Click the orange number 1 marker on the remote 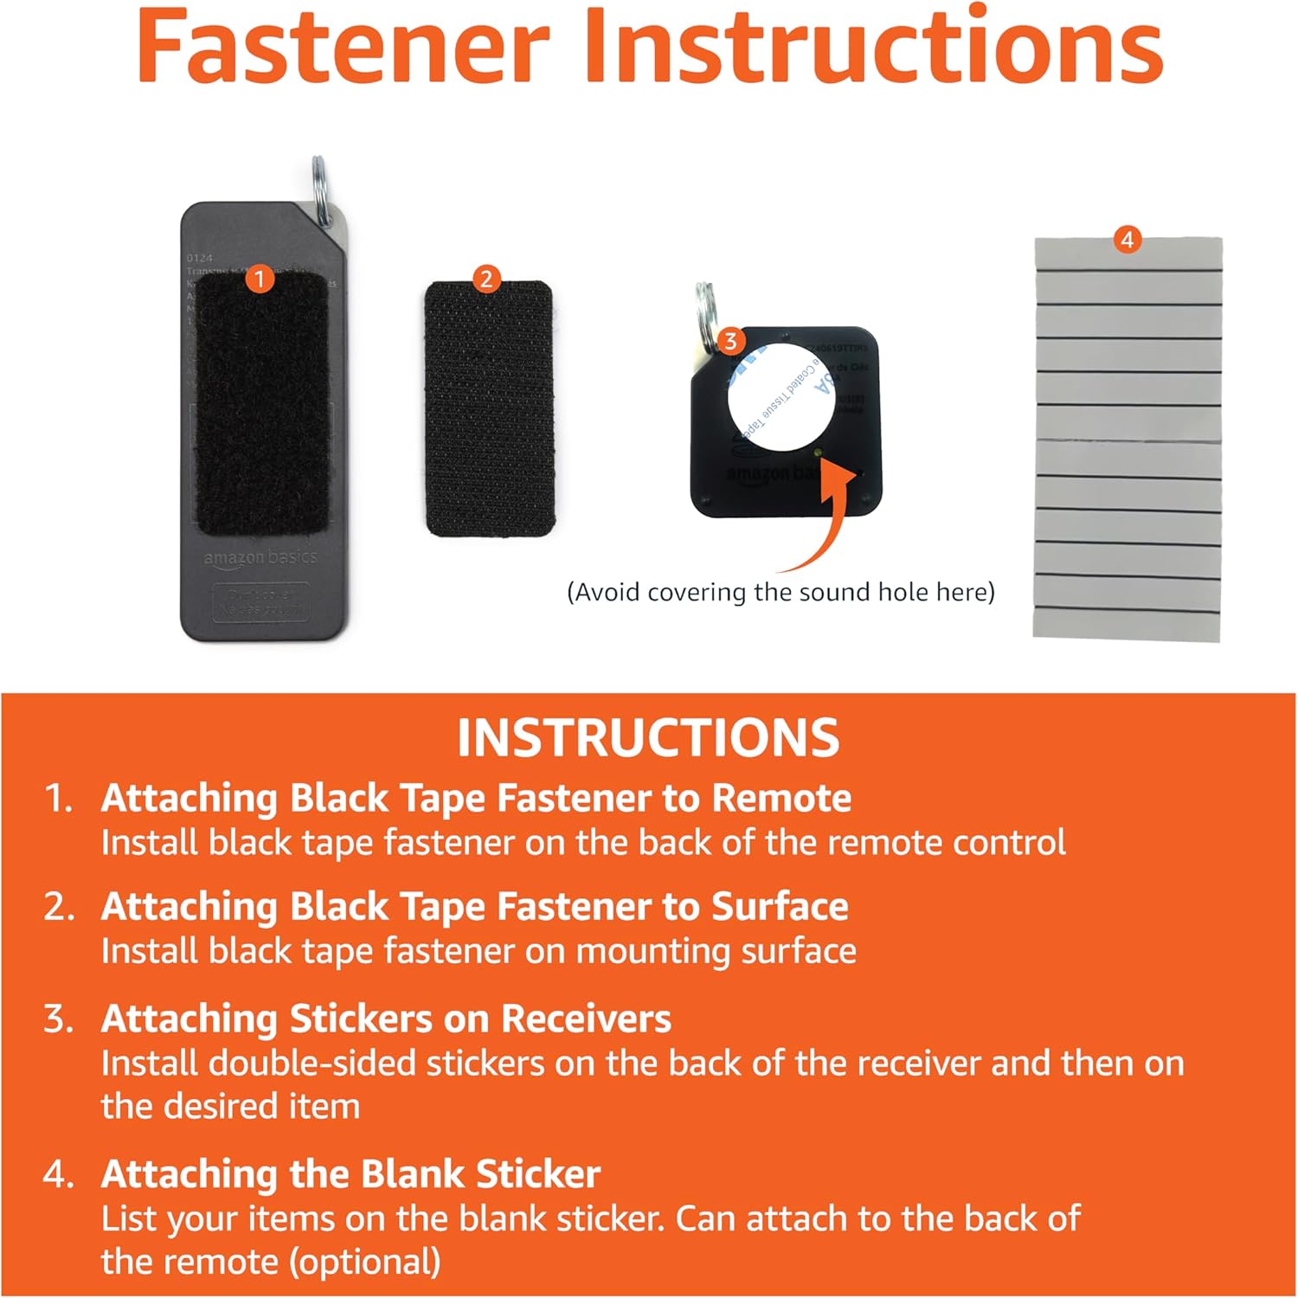(259, 279)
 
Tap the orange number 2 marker (486, 279)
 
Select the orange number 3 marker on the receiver (730, 341)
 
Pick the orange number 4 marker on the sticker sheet (1127, 240)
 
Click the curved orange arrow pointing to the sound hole (826, 519)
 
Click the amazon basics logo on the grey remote (260, 558)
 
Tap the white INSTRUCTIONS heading (648, 738)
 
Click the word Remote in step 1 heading (781, 798)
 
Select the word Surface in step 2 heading (779, 906)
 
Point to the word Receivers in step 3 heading (586, 1018)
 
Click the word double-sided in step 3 (312, 1063)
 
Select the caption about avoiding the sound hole (781, 593)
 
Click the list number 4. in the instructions (59, 1174)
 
